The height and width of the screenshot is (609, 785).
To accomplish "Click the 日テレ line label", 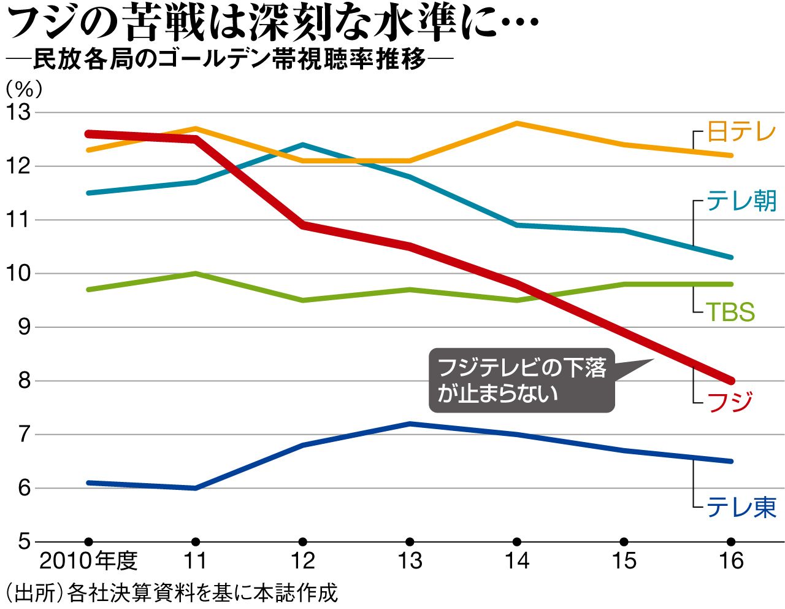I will pos(741,132).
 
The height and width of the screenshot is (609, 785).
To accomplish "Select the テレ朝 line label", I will pos(741,201).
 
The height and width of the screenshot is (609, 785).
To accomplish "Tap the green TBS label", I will pos(730,312).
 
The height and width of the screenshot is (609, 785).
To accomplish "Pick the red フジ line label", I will pos(730,403).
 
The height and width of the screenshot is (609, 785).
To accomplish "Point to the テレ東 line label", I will pos(741,508).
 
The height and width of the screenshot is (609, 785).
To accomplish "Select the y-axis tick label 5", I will pos(23,541).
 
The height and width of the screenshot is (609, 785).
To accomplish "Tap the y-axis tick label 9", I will pos(23,327).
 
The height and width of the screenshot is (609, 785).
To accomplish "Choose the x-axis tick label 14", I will pos(516,561).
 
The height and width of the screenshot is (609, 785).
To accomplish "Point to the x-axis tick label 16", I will pos(730,561).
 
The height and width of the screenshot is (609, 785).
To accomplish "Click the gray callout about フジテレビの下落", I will pos(521,381).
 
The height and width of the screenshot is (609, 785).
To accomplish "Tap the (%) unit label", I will pos(24,90).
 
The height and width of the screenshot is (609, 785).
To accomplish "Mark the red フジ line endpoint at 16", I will pos(730,381).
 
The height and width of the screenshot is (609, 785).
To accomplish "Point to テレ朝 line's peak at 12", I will pos(302,145).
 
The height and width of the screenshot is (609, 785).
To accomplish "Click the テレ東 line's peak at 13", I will pos(410,424).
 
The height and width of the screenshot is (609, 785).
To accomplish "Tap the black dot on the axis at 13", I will pos(410,541).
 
